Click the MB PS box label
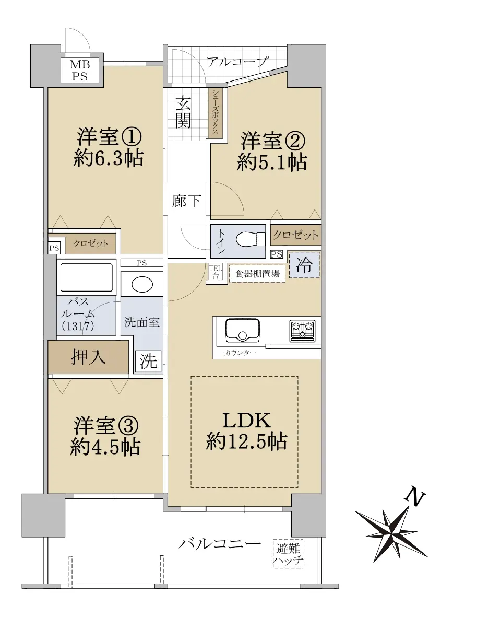point(79,71)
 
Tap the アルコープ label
point(237,62)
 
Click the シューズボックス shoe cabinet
point(216,112)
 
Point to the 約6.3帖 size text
point(109,159)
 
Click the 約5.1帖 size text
point(272,162)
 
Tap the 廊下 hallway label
point(186,201)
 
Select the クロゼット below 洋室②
point(295,235)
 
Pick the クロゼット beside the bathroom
point(91,243)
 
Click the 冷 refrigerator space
point(304,265)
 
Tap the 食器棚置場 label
point(257,274)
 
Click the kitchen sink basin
point(242,330)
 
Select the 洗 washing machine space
point(148,361)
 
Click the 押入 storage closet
point(88,357)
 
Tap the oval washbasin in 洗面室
point(142,285)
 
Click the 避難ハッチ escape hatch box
point(288,554)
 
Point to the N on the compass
point(415,497)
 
